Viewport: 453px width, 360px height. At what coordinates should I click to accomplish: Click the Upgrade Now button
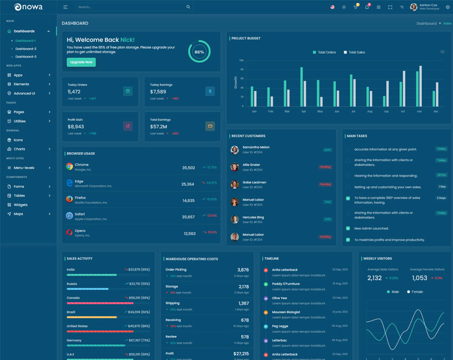tap(81, 62)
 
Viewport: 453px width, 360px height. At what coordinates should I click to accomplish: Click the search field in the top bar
tap(130, 7)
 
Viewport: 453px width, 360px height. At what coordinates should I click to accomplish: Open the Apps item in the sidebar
tap(18, 75)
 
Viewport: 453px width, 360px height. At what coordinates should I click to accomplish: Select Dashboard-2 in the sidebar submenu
tap(25, 49)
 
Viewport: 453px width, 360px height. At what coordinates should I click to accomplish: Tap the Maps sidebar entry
tap(18, 214)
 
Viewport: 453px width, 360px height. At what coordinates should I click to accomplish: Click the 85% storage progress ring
tap(199, 52)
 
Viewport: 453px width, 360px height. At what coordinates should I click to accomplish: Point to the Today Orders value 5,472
tap(74, 92)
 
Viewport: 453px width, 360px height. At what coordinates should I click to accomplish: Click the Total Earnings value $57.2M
tap(158, 127)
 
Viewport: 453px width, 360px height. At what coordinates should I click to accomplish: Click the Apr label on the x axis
tap(304, 112)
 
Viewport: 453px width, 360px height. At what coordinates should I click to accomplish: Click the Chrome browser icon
tap(69, 166)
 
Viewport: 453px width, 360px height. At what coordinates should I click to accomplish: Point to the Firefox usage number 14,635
tap(189, 200)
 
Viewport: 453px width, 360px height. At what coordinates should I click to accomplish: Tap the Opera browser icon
tap(69, 232)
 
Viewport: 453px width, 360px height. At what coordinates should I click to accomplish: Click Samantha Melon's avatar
tap(234, 150)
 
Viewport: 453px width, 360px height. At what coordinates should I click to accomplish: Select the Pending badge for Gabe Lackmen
tap(325, 184)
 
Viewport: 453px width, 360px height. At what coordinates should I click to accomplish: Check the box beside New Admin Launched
tap(348, 228)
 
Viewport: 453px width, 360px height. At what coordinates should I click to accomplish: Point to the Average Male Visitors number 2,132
tap(374, 278)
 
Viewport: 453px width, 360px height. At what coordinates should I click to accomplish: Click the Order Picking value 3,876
tap(243, 270)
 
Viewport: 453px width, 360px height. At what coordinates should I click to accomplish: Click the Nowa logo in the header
tap(25, 7)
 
